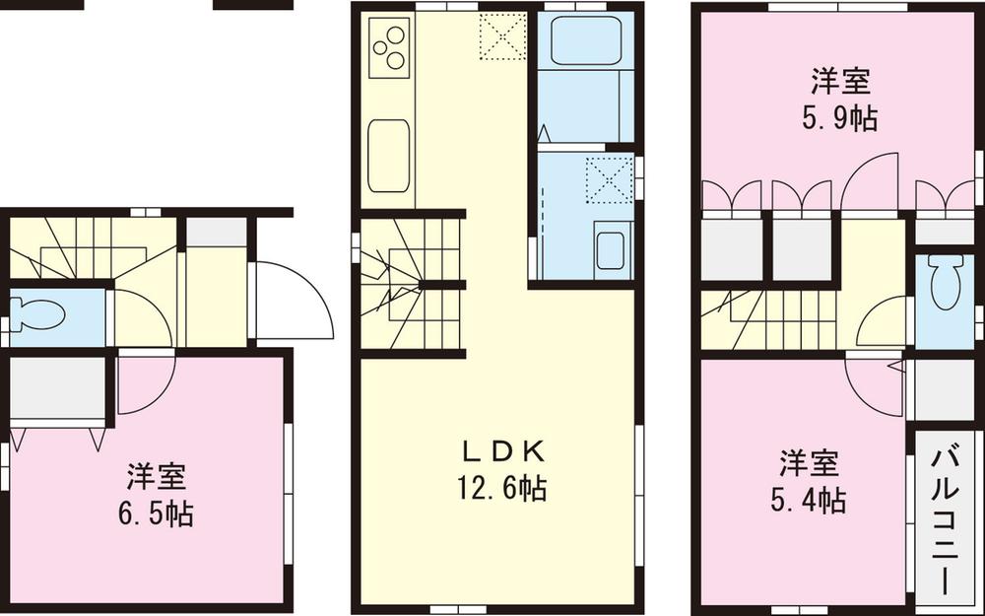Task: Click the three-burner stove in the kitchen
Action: click(389, 45)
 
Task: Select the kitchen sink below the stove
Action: click(388, 156)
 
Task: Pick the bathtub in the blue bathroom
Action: click(585, 40)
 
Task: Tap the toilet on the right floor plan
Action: click(945, 286)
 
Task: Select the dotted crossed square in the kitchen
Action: click(499, 37)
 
